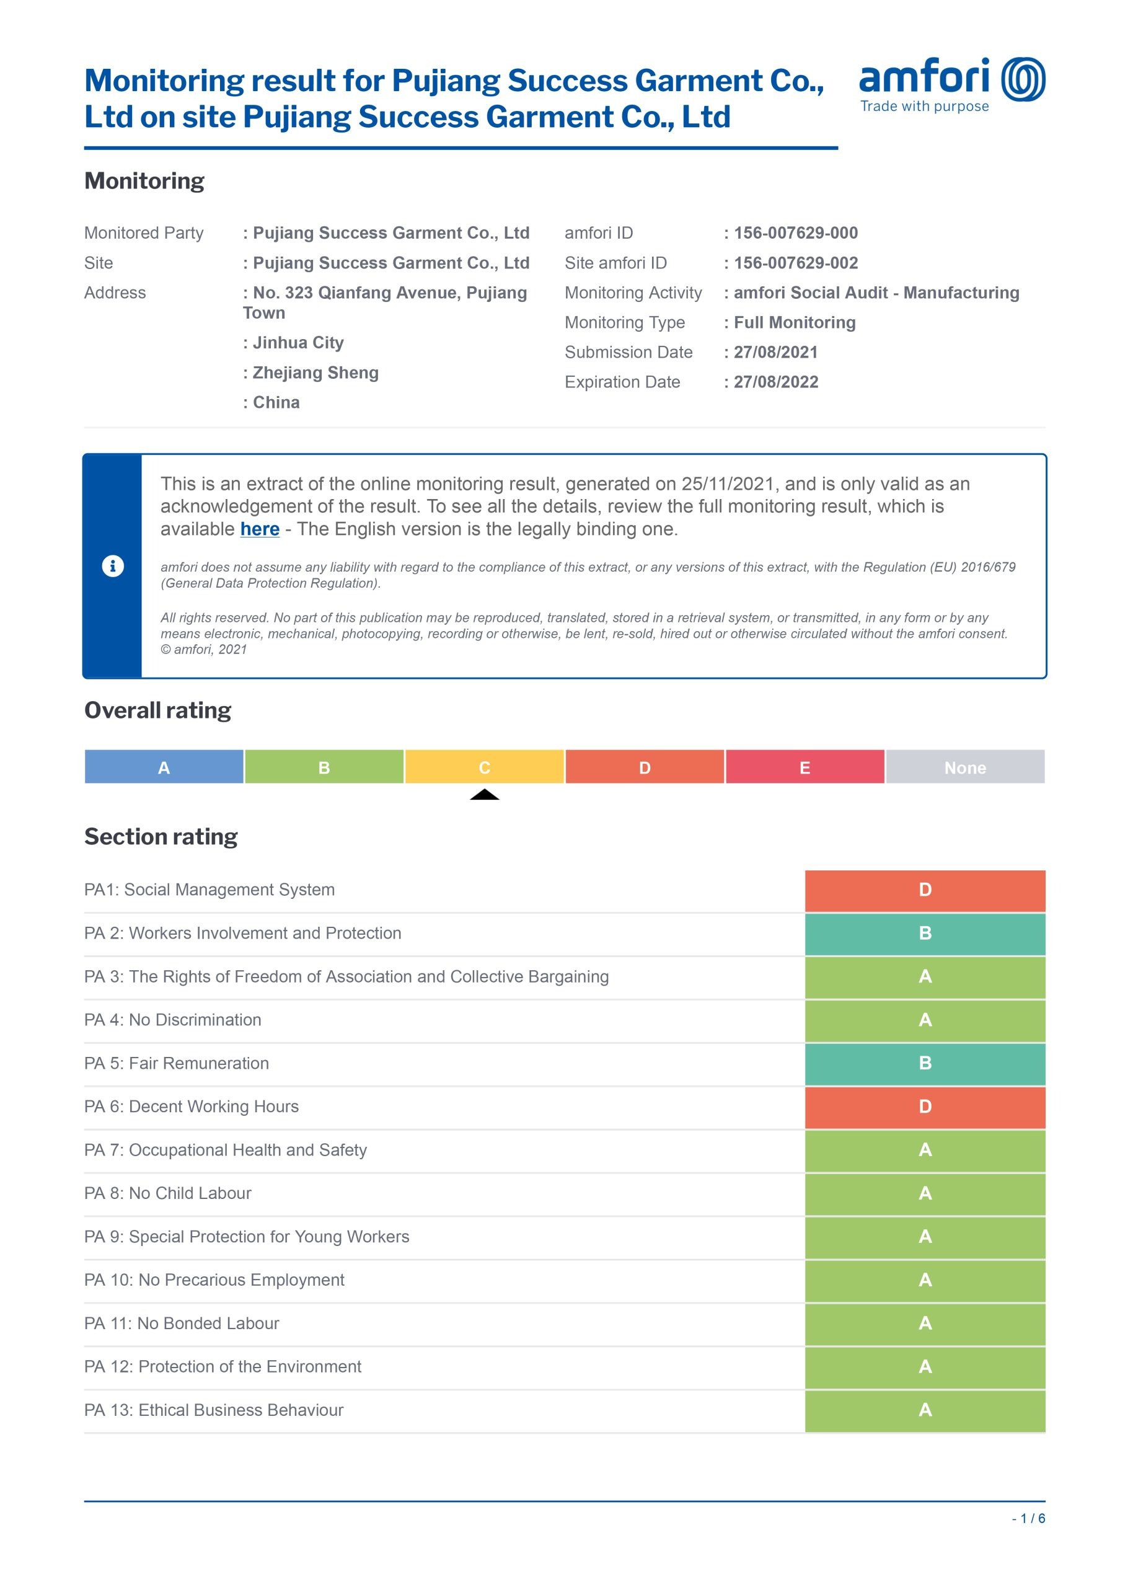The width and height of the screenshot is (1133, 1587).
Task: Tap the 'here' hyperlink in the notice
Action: tap(260, 529)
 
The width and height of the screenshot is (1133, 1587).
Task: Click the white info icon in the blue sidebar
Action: tap(113, 566)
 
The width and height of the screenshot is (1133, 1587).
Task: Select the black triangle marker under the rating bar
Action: tap(484, 795)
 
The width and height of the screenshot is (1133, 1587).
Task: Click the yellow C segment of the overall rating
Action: tap(484, 767)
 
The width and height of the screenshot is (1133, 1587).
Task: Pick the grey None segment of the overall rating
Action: tap(965, 767)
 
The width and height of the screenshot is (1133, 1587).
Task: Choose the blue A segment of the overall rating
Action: tap(164, 767)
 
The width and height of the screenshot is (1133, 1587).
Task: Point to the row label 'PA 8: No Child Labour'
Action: tap(167, 1193)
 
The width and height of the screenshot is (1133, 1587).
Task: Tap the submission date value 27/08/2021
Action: tap(775, 352)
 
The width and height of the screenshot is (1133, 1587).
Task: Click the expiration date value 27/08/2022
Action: tap(776, 382)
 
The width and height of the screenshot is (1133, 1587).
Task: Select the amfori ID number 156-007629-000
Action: tap(795, 233)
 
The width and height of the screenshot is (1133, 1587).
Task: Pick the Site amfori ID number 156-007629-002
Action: tap(795, 263)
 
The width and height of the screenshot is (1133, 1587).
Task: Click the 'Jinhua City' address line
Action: tap(298, 343)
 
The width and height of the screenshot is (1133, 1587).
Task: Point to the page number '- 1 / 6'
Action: tap(1028, 1519)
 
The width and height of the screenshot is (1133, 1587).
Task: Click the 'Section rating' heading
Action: tap(161, 836)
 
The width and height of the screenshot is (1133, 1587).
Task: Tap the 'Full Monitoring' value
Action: tap(794, 322)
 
